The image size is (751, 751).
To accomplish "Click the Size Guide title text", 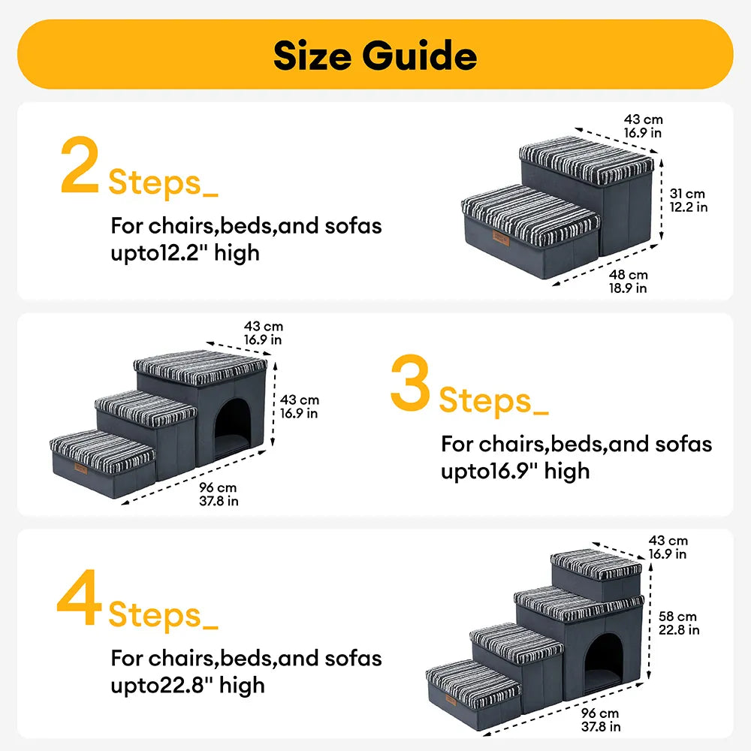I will click(375, 56).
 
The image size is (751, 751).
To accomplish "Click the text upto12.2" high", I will click(185, 252).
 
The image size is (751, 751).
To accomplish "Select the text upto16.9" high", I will click(515, 471).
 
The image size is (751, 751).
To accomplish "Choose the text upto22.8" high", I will click(187, 685).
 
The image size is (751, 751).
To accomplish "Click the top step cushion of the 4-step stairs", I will click(596, 564).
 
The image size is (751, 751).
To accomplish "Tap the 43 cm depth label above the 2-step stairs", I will click(643, 125).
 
